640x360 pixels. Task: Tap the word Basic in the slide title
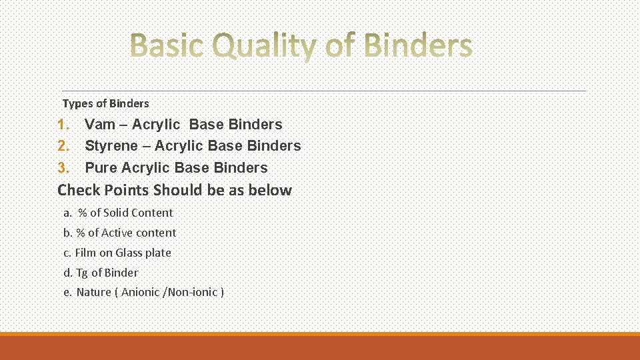168,46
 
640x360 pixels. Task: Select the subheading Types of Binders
105,103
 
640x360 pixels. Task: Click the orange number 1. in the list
64,125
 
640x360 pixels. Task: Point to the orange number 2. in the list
64,146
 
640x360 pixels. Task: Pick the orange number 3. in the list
64,168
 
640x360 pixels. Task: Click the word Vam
100,125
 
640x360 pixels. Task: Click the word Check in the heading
78,190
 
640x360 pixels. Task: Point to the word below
270,190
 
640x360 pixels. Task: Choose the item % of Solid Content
125,213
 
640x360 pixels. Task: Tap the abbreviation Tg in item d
81,273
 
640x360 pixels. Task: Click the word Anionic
141,292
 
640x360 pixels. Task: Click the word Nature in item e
94,292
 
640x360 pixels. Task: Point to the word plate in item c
159,253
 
